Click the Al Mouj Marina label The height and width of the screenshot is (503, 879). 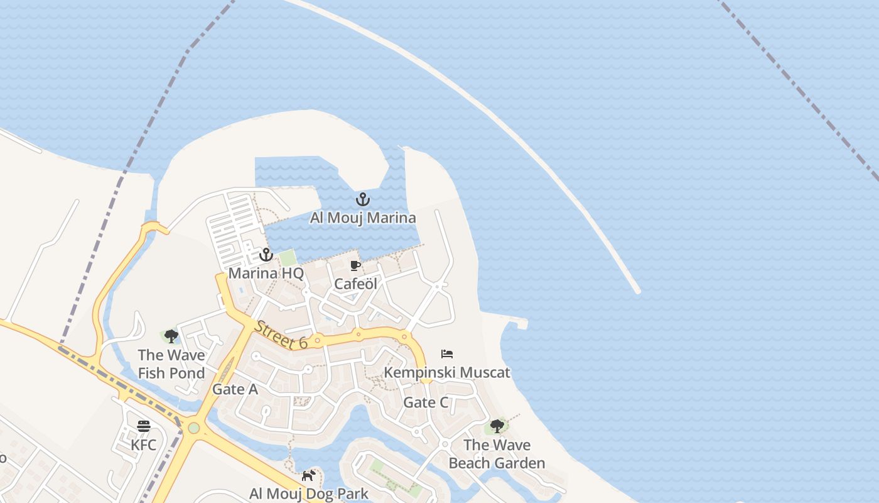click(x=363, y=218)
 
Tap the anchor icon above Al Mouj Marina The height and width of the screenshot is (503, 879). click(x=362, y=200)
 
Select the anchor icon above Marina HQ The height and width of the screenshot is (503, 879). click(x=266, y=255)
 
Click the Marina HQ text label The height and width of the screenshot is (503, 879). click(x=266, y=274)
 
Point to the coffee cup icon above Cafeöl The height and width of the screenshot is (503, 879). click(x=355, y=265)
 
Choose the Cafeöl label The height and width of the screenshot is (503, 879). click(x=355, y=284)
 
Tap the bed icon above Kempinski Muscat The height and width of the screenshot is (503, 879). click(x=447, y=354)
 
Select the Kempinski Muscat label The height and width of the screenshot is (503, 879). click(x=447, y=372)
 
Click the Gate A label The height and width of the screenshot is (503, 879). click(x=235, y=389)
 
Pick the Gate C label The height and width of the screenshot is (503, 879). click(x=426, y=402)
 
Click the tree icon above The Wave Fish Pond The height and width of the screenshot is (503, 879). click(x=171, y=336)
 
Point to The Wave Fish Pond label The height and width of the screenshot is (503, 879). click(x=171, y=364)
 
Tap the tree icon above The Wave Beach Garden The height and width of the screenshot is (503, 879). click(x=497, y=426)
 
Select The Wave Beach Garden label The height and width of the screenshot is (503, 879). click(x=497, y=454)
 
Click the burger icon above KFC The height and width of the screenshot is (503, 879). click(x=144, y=426)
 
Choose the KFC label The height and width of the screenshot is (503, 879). click(x=144, y=445)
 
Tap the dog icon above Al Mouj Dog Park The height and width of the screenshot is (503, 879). click(x=308, y=475)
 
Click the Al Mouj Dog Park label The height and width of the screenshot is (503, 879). click(x=309, y=494)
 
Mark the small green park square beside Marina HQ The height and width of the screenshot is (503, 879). click(x=288, y=258)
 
